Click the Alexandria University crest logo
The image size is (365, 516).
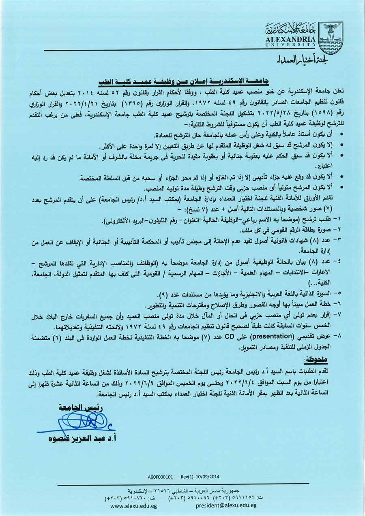point(330,38)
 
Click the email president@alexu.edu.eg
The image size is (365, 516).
point(226,506)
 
